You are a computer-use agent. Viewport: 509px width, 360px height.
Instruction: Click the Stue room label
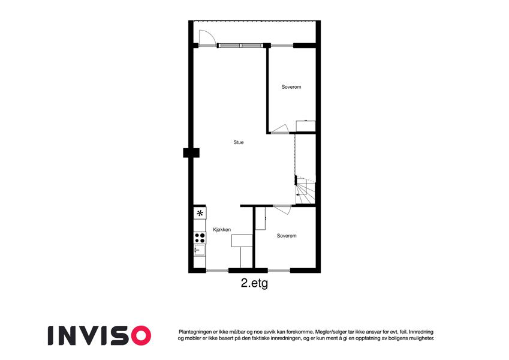point(238,142)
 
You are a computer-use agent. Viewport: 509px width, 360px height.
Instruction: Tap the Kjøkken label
point(222,230)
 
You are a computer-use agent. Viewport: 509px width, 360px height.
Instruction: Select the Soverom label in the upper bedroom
point(291,87)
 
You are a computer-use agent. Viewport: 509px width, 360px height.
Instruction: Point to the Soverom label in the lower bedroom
point(287,236)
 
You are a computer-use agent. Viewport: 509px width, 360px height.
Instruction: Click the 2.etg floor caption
point(254,283)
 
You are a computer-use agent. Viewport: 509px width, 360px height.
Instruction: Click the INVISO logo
point(100,335)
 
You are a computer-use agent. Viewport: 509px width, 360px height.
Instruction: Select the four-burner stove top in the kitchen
point(200,238)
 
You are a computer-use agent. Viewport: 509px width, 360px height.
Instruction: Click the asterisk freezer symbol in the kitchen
point(200,213)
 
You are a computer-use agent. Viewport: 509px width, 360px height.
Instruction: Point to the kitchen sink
point(199,250)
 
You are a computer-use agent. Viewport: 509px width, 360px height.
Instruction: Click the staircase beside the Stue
point(305,190)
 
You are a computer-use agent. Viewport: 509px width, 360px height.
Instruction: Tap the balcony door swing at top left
point(207,37)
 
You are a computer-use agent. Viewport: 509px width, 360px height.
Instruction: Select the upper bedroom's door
point(280,129)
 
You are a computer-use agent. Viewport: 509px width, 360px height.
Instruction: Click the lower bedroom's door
point(282,209)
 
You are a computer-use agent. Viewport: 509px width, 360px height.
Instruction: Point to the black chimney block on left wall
point(191,153)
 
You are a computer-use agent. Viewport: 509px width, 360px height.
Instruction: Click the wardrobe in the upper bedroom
point(306,126)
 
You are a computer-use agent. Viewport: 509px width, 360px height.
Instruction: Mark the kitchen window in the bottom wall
point(217,271)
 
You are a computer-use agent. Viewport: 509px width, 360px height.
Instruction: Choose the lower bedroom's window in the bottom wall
point(279,271)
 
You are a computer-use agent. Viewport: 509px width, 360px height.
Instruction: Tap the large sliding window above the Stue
point(240,46)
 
